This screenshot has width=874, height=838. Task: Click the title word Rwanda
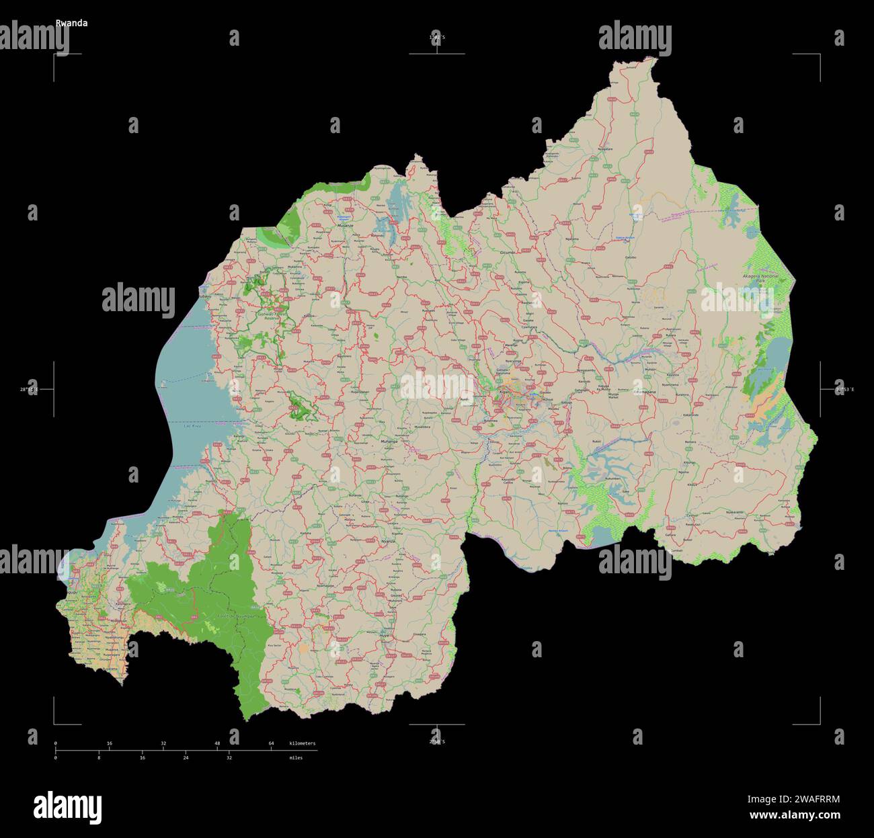71,23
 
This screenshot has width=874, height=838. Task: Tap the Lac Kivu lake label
193,426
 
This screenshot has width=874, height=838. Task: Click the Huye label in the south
385,635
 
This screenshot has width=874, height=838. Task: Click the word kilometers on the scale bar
302,743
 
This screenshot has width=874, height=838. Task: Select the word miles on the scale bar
296,757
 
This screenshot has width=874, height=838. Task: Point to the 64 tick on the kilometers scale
271,743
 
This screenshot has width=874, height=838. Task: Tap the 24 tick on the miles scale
186,757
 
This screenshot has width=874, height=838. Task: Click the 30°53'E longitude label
844,389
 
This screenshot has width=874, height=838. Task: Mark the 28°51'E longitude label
29,389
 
